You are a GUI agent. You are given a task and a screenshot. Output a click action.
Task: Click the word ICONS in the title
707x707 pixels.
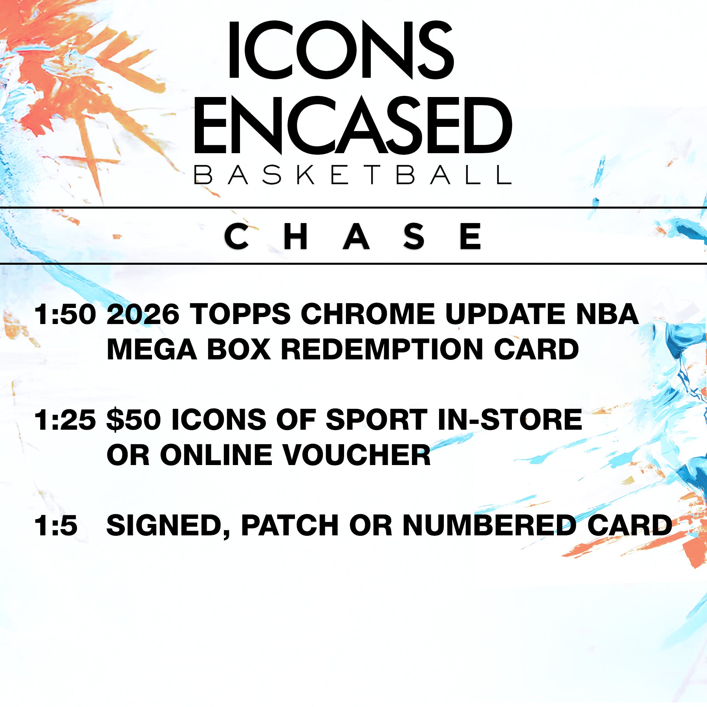(341, 50)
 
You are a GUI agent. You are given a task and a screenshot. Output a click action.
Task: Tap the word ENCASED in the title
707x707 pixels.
(353, 125)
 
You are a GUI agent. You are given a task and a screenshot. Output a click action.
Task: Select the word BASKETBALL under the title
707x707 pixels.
(353, 175)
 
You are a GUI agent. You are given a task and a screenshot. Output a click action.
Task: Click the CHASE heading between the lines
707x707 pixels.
(353, 236)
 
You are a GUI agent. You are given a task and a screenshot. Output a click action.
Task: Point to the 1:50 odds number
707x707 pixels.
(65, 314)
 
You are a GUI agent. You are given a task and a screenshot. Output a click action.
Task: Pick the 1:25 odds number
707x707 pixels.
(65, 419)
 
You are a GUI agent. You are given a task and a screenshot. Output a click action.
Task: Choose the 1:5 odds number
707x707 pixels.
(56, 525)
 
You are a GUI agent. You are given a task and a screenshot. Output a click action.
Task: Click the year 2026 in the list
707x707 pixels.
(143, 314)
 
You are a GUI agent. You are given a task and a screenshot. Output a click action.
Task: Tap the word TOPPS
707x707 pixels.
(240, 314)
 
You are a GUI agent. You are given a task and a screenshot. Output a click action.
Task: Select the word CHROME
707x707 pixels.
(368, 314)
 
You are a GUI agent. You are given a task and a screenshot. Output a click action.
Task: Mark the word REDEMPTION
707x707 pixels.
(382, 349)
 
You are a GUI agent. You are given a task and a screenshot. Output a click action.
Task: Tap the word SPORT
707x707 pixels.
(376, 419)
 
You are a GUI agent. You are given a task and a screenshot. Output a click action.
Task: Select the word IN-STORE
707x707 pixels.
(509, 419)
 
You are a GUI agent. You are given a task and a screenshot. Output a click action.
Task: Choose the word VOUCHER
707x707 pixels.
(357, 455)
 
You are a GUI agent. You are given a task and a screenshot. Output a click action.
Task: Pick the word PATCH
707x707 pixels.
(290, 525)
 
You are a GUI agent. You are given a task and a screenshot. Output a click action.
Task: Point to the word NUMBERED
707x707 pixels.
(489, 525)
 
